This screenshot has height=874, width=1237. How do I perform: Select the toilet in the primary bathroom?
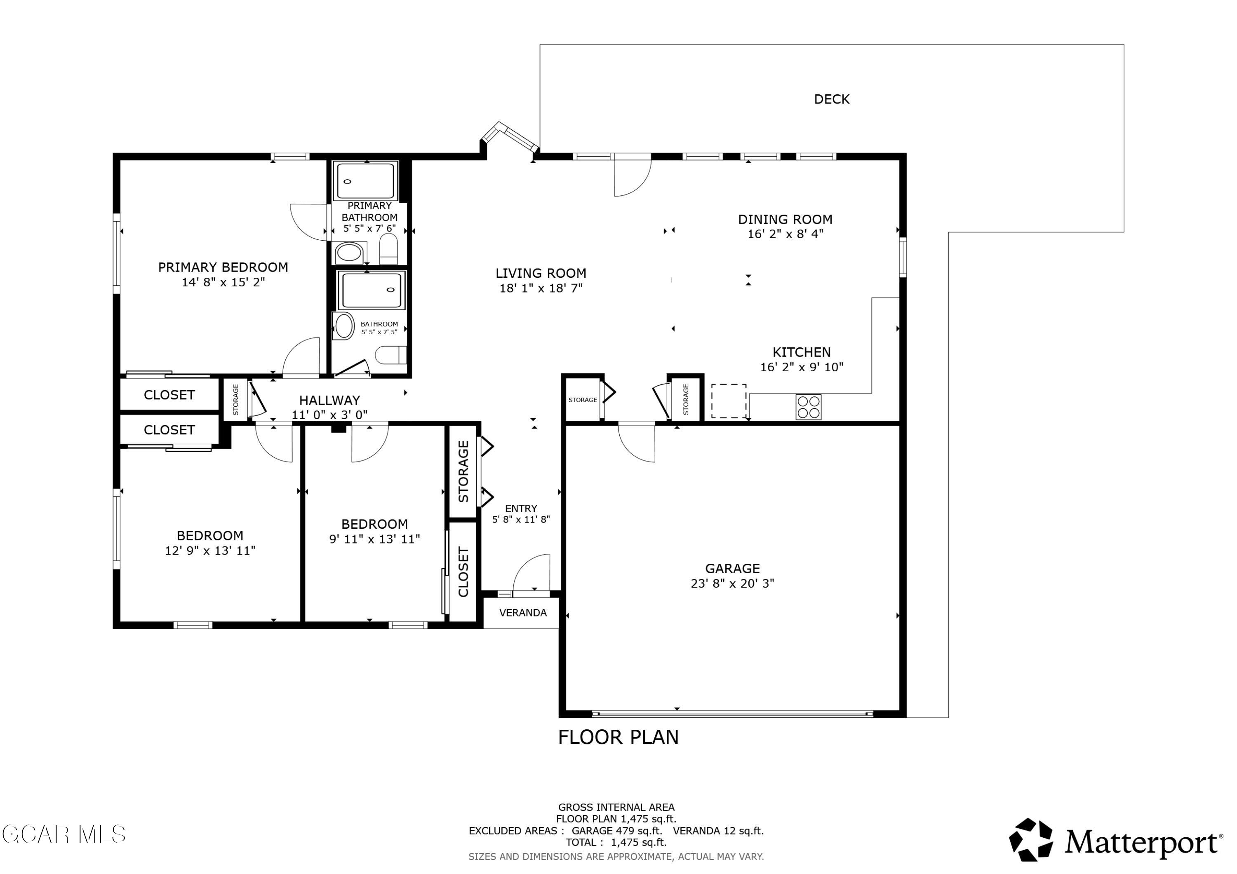(x=388, y=249)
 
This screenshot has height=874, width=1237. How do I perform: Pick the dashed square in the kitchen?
(x=729, y=401)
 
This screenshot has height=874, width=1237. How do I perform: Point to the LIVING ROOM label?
(x=541, y=273)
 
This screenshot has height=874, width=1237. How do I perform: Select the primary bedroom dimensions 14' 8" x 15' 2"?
(x=223, y=282)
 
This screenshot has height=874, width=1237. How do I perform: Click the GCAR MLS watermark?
(x=63, y=834)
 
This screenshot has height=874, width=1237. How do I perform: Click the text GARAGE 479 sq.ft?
(x=617, y=831)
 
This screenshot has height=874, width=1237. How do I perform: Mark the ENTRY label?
(x=521, y=508)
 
